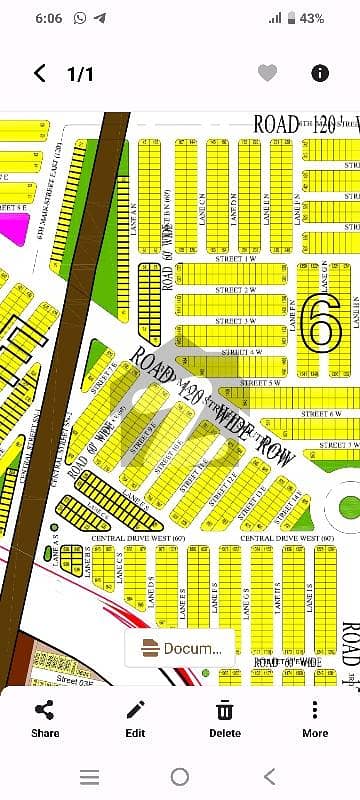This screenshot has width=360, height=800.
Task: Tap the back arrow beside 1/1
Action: tap(40, 73)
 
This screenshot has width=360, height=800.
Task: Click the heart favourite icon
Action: tap(267, 73)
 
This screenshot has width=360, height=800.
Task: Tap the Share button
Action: tap(45, 719)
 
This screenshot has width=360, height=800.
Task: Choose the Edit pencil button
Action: tap(135, 719)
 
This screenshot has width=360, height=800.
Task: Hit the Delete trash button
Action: tap(225, 719)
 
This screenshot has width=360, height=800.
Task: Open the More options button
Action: tap(314, 719)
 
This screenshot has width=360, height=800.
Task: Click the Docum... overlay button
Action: tap(180, 648)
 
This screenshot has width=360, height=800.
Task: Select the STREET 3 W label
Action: tap(233, 321)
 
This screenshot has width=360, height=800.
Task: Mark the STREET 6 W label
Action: tap(321, 413)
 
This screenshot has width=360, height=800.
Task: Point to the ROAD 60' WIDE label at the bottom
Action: tap(287, 663)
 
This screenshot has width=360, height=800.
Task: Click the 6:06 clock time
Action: tap(20, 18)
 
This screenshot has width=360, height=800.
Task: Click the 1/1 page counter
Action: tap(80, 73)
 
